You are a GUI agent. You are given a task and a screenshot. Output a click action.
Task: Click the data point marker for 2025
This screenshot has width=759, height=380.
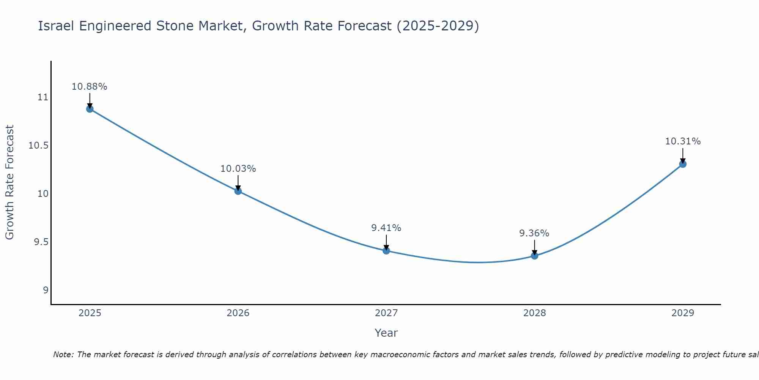click(x=90, y=109)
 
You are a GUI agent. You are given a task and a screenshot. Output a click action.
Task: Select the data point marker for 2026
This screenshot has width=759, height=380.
click(x=238, y=191)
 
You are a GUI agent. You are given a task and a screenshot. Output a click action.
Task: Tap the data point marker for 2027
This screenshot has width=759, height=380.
click(x=386, y=251)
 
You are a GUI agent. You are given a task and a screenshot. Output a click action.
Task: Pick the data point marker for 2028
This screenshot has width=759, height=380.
click(x=534, y=256)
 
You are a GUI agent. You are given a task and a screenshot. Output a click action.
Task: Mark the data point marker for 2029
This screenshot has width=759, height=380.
click(x=683, y=164)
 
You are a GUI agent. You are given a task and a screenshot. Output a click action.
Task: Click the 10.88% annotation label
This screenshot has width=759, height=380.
click(x=90, y=87)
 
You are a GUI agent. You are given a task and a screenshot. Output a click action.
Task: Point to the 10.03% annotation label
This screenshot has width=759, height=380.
click(x=238, y=169)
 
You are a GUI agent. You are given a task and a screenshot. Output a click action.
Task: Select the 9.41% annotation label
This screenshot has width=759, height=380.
click(x=386, y=228)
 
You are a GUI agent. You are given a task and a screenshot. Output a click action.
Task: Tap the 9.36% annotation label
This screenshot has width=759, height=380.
click(x=534, y=233)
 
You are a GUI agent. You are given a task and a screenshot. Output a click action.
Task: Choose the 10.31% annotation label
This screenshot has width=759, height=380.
click(x=683, y=141)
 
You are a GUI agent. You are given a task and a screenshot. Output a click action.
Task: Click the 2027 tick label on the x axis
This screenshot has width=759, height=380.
click(x=386, y=313)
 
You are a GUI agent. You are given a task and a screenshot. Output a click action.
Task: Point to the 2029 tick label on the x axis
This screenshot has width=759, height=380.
click(x=683, y=313)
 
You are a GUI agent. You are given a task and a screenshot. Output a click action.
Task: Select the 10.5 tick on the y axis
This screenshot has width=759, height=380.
click(x=39, y=146)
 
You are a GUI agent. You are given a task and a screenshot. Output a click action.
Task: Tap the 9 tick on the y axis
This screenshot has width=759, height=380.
click(x=46, y=290)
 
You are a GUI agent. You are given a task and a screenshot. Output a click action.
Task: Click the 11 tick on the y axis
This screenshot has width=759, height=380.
click(x=43, y=97)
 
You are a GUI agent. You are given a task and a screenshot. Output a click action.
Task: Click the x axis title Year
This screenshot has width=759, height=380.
click(x=386, y=333)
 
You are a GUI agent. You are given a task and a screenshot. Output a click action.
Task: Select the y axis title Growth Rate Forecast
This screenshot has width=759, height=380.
click(x=9, y=182)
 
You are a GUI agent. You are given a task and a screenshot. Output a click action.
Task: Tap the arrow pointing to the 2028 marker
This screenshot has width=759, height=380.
click(x=534, y=247)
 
